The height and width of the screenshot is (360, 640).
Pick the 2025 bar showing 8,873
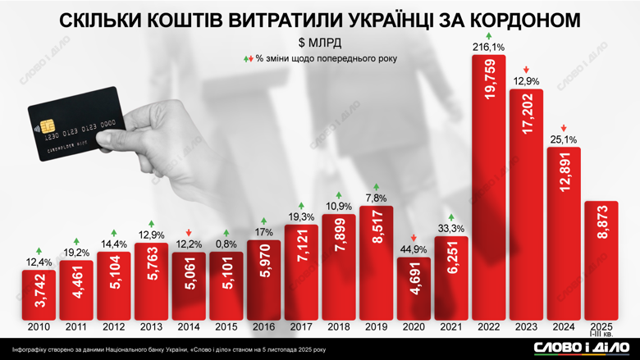(601, 260)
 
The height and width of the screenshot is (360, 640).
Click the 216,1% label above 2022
(490, 48)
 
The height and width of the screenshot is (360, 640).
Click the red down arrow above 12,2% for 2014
(190, 232)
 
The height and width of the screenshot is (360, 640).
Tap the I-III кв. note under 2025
(601, 335)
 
